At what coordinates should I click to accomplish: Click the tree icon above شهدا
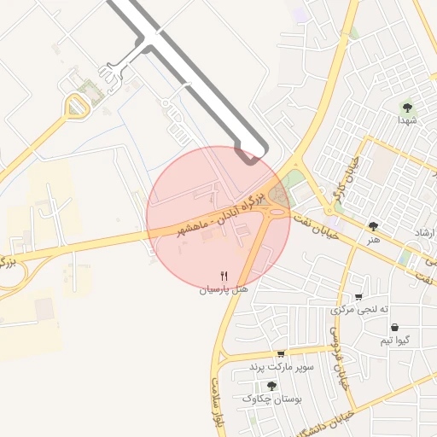pos(407,108)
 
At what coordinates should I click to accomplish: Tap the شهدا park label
pos(407,121)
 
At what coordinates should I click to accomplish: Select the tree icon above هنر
pos(372,226)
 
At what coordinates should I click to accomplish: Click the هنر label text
pos(372,240)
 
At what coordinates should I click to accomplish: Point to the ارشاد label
pos(424,233)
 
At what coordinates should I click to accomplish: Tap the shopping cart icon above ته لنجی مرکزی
pos(360,295)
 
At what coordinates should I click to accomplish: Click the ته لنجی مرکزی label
pos(360,309)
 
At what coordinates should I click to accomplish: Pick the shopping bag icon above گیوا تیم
pos(395,327)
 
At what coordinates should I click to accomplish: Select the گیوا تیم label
pos(395,341)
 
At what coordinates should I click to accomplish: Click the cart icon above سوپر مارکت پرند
pos(280,353)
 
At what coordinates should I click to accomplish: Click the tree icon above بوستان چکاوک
pos(271,386)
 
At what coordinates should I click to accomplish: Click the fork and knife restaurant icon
pos(224,276)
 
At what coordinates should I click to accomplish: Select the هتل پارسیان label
pos(224,289)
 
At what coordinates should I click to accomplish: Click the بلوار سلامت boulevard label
pos(217,406)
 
